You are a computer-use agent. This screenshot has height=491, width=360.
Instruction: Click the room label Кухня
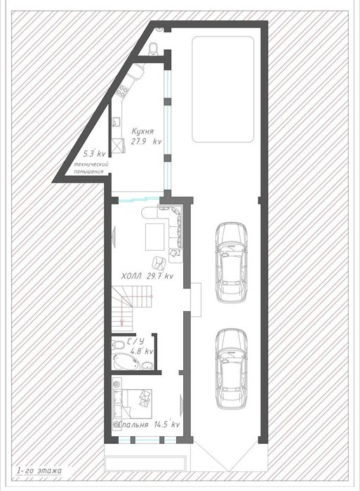tap(142, 131)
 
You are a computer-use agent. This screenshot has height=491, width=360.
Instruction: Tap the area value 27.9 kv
tap(147, 141)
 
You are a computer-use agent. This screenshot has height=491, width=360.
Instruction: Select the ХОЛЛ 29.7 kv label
tap(147, 276)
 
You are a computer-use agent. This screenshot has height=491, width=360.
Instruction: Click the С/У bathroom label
tap(135, 341)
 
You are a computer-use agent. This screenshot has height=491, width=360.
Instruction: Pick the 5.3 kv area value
tap(95, 154)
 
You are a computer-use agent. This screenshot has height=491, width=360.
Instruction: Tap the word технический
tap(91, 164)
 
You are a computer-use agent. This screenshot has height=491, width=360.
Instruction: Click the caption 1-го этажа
tap(39, 471)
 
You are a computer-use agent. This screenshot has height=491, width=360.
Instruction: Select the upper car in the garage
tap(232, 263)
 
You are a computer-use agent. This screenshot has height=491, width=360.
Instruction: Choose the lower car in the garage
tap(232, 369)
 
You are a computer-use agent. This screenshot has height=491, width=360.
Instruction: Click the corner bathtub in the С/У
tap(126, 361)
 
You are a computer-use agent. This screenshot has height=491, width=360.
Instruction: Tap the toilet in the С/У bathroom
tap(118, 344)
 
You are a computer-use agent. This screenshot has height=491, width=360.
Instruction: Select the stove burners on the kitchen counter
tap(122, 91)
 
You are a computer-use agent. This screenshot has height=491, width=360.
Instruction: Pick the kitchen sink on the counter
tap(116, 122)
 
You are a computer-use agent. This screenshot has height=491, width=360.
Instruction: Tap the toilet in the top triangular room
tap(154, 48)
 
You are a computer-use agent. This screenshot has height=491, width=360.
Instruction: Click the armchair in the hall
tap(159, 263)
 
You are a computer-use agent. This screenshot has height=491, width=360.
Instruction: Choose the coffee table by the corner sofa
tap(155, 237)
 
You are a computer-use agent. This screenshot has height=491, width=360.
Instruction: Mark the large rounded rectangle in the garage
tap(222, 89)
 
